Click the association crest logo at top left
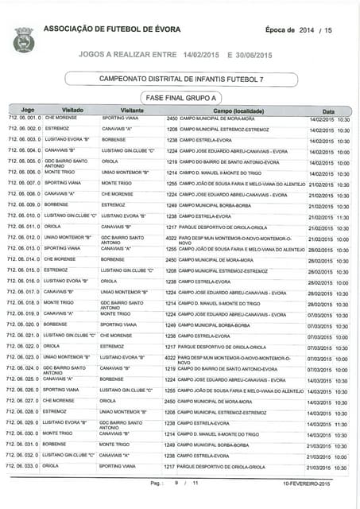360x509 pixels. tap(21, 36)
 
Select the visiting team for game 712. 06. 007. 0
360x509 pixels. tap(117, 183)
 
